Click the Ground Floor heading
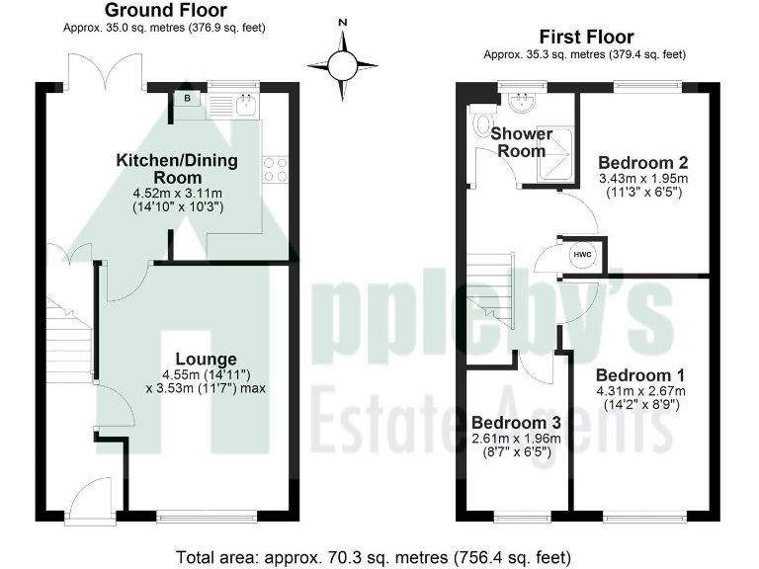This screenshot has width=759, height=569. point(166,11)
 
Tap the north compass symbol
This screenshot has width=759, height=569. point(343,64)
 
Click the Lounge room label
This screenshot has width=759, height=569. point(206,359)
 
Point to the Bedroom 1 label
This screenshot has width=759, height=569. point(639,375)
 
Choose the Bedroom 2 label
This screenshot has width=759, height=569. point(643,162)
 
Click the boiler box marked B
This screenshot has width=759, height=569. point(187,98)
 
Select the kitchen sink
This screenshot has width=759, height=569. point(243,104)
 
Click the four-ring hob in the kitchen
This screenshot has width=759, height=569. point(275,170)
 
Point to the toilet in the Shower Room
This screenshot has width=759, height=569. point(482,122)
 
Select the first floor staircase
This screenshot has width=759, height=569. point(491,284)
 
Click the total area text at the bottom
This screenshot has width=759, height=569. point(373,555)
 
